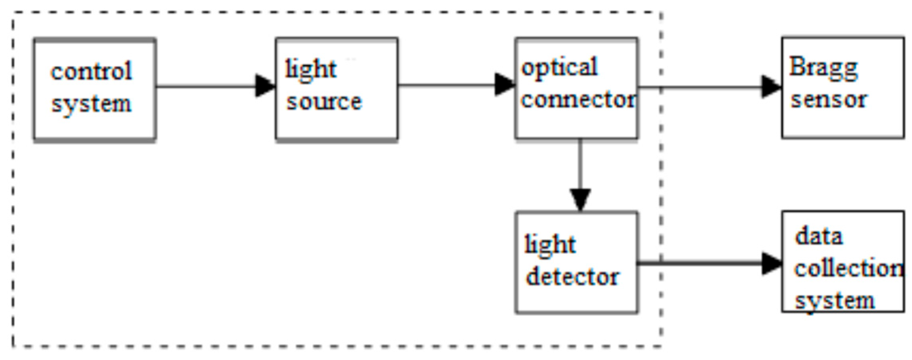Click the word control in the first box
coord(91,71)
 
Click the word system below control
coord(91,104)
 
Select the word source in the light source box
coord(324,101)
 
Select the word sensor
coord(828,99)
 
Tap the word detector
coord(572,277)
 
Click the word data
coord(819,237)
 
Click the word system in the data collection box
coord(835,301)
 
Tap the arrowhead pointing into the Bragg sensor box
coord(771,87)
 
